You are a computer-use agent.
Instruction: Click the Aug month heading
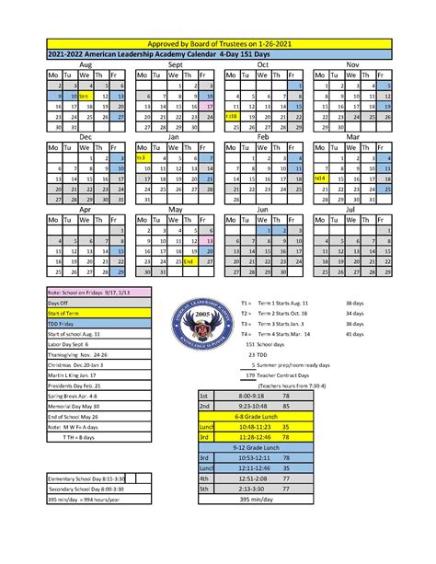(x=86, y=65)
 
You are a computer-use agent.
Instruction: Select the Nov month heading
(x=352, y=65)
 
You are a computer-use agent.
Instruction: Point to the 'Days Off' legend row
(x=85, y=302)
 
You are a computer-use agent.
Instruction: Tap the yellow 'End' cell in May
(x=188, y=261)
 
